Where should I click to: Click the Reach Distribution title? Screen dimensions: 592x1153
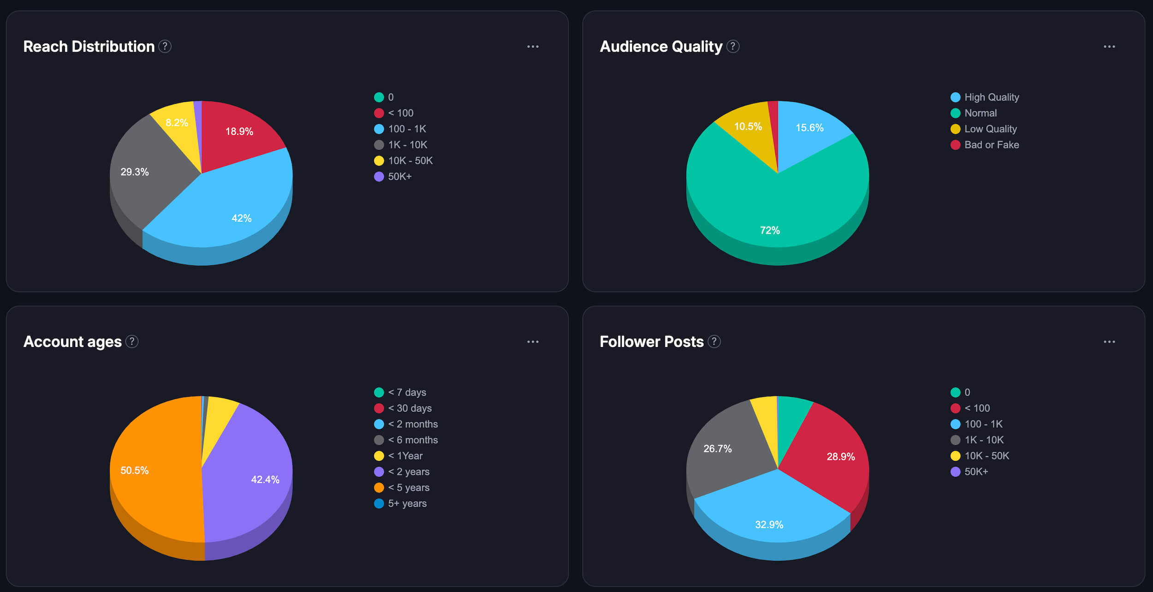pos(89,47)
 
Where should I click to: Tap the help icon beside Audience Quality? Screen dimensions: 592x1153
pos(733,47)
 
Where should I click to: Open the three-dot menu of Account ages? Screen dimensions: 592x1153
pos(533,342)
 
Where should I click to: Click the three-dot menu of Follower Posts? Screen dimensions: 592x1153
pos(1109,342)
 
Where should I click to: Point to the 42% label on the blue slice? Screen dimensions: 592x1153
pos(241,218)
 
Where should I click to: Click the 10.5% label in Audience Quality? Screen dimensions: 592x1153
pos(748,126)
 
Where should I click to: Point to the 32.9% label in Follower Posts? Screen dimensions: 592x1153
pos(769,525)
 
